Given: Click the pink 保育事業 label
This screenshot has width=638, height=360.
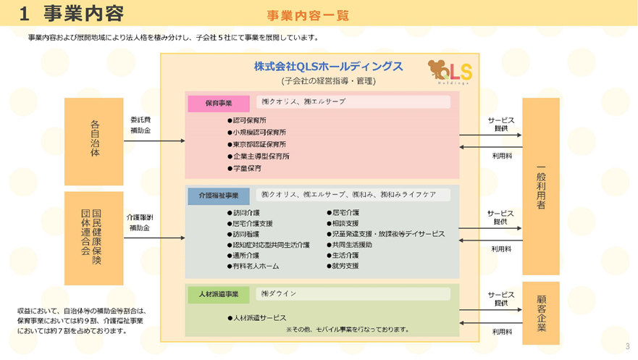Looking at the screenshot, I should click(x=218, y=104).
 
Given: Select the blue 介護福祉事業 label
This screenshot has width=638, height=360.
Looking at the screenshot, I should click(x=218, y=196).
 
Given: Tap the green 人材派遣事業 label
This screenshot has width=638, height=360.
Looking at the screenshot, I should click(x=218, y=295).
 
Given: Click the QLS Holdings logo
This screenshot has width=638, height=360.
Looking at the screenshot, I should click(x=450, y=72).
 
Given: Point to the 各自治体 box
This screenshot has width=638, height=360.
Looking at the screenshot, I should click(x=94, y=141).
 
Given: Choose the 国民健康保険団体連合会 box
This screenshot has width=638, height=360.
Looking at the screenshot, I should click(x=94, y=238).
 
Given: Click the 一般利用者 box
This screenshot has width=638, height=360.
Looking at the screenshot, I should click(x=540, y=186).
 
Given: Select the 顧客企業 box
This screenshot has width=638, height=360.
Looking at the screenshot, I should click(x=540, y=313).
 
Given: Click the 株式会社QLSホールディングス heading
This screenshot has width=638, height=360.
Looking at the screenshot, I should click(x=328, y=66).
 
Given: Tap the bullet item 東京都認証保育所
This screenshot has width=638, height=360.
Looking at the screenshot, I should click(x=259, y=144).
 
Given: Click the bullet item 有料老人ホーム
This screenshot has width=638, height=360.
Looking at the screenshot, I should click(x=255, y=267).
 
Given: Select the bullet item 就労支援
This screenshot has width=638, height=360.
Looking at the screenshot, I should click(x=345, y=267).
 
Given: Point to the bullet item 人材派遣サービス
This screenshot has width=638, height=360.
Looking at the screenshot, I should click(x=259, y=318).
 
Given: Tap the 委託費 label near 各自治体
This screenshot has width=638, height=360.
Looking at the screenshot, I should click(x=140, y=120).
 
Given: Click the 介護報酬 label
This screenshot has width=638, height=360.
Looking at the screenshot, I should click(x=140, y=217).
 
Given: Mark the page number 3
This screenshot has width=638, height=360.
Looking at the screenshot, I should click(x=627, y=346).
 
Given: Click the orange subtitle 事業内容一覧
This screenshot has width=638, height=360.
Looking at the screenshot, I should click(x=308, y=15).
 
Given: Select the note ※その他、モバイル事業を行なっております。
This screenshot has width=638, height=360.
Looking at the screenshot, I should click(x=348, y=330).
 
